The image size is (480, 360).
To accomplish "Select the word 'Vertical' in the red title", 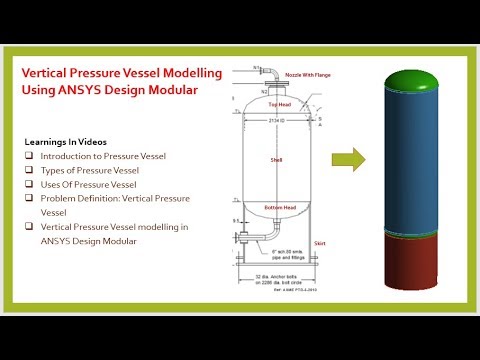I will click(x=48, y=73).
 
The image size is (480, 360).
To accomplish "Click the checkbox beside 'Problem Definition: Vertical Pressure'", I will click(x=30, y=198).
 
